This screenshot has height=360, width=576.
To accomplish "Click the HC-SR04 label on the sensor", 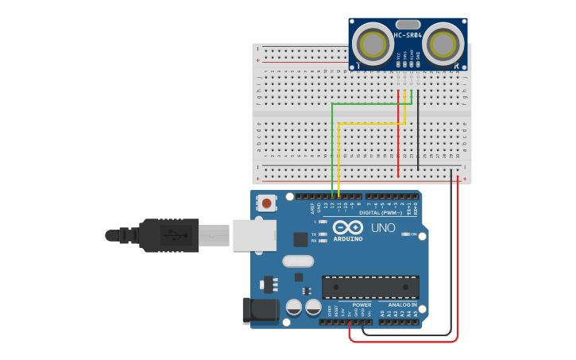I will (x=408, y=36).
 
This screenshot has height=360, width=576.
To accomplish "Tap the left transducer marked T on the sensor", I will (x=371, y=42).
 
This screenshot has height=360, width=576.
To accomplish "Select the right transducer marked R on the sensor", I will (x=443, y=42).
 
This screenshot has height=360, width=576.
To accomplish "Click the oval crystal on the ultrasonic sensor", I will (x=408, y=25).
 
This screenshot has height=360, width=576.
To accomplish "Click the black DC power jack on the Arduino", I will (x=260, y=312).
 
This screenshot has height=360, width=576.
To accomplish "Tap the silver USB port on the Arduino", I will (x=254, y=235).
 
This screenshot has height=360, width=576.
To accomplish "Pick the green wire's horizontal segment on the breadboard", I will (x=369, y=103).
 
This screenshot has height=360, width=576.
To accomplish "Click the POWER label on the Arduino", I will (x=361, y=305).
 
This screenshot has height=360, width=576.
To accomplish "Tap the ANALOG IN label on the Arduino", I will (x=402, y=305).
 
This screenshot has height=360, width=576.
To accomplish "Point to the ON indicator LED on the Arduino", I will (x=405, y=234).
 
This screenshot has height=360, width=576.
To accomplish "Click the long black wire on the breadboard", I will (x=418, y=127).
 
